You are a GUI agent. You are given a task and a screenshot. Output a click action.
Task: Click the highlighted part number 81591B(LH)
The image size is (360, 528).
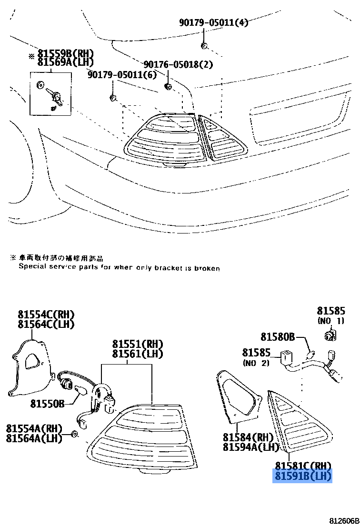[x=302, y=476]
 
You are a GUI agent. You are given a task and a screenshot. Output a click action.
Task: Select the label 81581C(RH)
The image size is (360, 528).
[x=302, y=466]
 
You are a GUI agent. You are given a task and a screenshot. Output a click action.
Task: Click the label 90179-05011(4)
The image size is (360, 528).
[x=213, y=22]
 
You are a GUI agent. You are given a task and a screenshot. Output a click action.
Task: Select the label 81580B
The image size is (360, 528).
[x=278, y=337]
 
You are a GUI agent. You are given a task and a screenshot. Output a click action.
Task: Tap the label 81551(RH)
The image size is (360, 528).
[x=138, y=344]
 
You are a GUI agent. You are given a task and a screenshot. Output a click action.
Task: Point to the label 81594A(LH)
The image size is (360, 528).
[x=250, y=447]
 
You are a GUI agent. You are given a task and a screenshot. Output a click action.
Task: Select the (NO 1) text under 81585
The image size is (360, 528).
[x=330, y=321]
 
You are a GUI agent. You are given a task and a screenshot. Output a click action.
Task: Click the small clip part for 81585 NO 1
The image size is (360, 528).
[x=330, y=335]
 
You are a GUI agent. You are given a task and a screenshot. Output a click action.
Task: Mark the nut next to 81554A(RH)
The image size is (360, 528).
[x=74, y=434]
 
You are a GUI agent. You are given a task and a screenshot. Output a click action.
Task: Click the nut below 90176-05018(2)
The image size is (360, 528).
[x=168, y=86]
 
